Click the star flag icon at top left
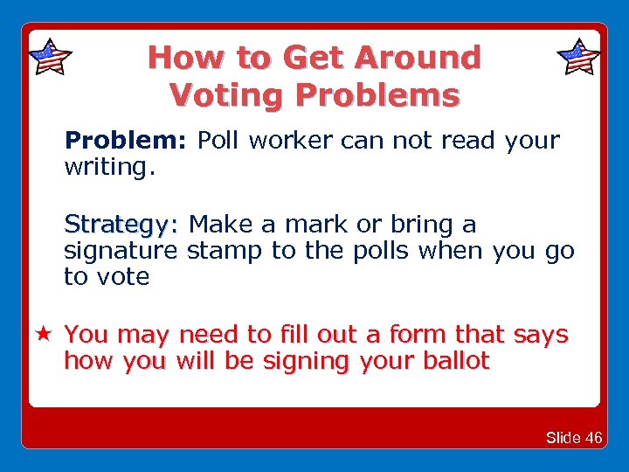50,58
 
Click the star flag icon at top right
578,58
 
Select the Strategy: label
121,226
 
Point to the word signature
121,252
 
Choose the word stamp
225,252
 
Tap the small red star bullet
42,335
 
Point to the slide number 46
593,438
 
